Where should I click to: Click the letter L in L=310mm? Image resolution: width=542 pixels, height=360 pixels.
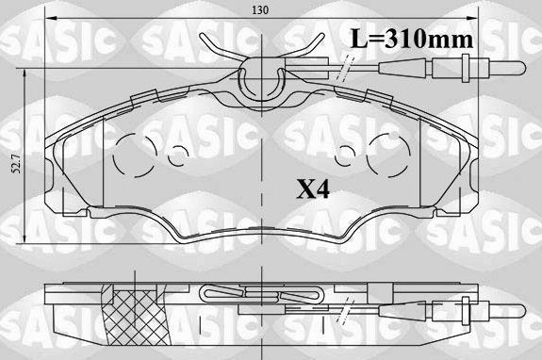point(358,39)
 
